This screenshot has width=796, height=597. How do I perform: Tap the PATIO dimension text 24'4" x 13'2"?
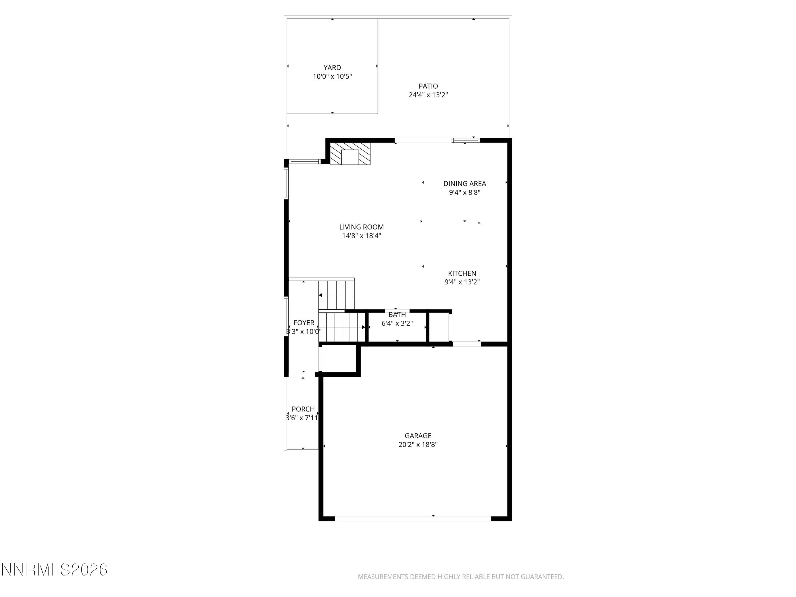[x=428, y=95]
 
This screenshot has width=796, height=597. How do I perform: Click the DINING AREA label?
[x=464, y=184]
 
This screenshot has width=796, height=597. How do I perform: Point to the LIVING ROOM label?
[x=361, y=227]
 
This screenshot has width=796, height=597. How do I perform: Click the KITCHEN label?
[x=462, y=274]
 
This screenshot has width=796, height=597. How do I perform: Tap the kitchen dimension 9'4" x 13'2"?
[x=462, y=282]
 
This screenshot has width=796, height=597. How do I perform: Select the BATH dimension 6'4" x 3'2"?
[x=397, y=323]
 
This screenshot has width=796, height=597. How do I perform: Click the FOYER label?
[x=304, y=323]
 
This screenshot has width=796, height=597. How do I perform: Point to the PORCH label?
[x=303, y=409]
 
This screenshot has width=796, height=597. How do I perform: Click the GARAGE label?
[x=418, y=436]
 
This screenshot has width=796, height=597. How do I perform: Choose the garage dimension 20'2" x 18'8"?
[x=418, y=445]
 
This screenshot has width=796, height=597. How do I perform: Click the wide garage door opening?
[x=413, y=518]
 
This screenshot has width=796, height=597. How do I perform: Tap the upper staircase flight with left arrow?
[x=336, y=295]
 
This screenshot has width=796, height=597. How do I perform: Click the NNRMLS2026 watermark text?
[x=55, y=570]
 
